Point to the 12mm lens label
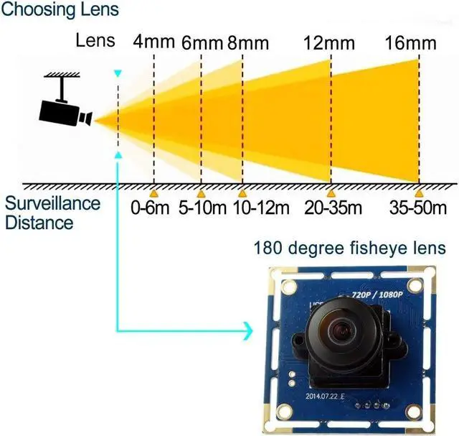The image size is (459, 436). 329,42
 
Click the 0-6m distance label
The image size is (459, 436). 151,209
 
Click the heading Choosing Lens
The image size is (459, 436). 60,11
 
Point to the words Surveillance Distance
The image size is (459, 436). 52,212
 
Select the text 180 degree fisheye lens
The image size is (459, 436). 349,249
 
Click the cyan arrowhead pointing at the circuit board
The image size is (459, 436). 248,331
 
